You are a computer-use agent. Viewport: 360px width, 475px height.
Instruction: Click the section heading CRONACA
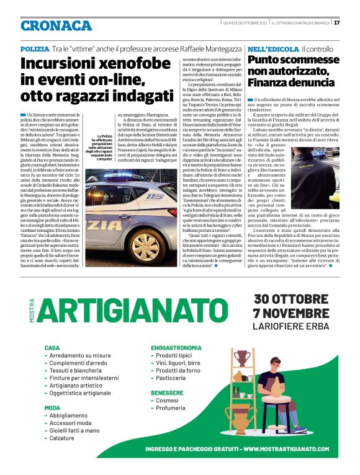(56, 25)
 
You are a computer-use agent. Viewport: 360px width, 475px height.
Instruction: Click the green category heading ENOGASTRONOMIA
(181, 348)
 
